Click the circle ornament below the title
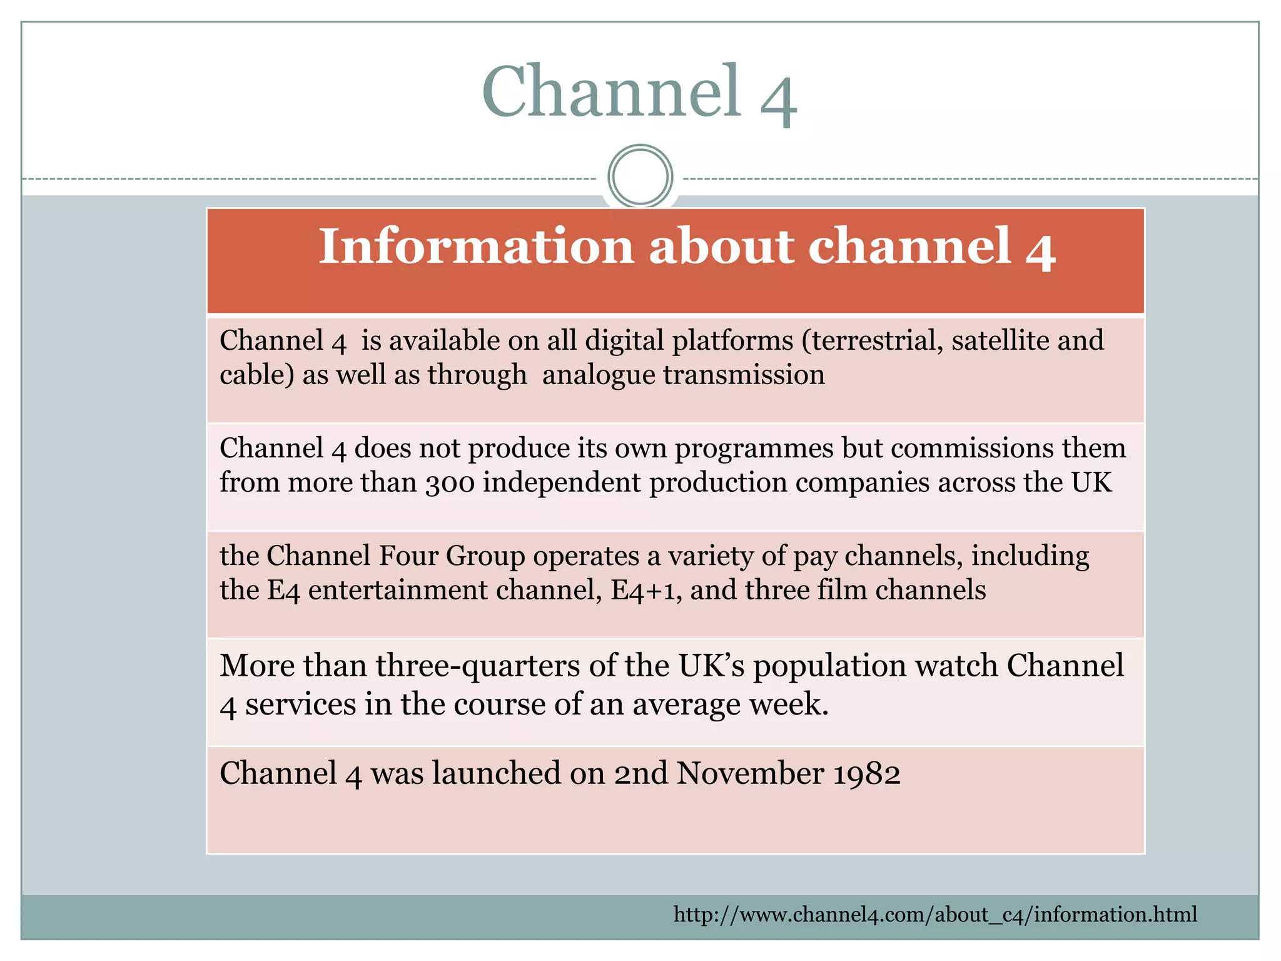(x=640, y=176)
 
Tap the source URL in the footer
(x=935, y=915)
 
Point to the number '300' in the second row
(x=450, y=483)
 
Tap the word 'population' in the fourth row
(x=829, y=665)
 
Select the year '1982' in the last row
(x=868, y=773)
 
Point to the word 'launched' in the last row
(x=497, y=773)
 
